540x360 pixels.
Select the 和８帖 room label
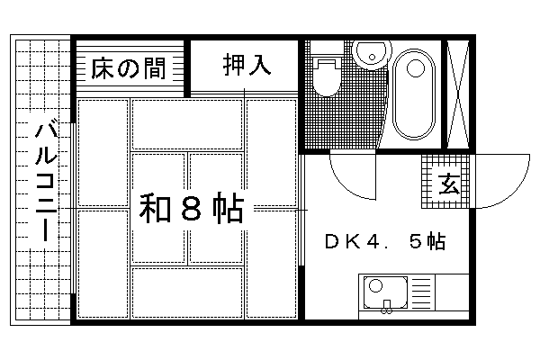coord(191,209)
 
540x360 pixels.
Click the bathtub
coord(416,92)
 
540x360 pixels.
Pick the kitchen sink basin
coord(386,292)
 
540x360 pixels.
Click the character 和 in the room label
coord(154,209)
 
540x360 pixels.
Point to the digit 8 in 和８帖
coord(191,209)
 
